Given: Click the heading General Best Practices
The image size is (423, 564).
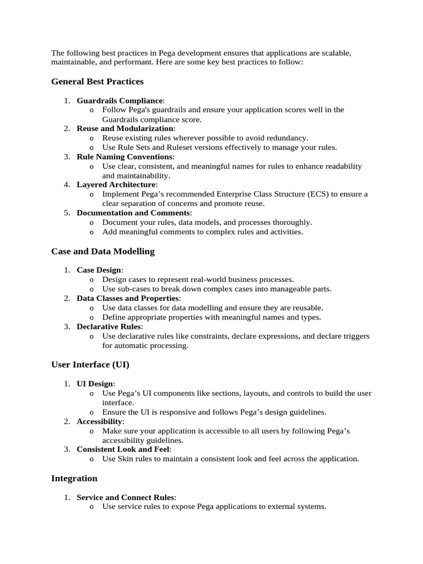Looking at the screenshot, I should pos(97,82).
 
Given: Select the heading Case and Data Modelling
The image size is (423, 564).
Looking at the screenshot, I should pos(102,251).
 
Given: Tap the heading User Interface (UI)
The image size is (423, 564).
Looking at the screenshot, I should pos(90,365).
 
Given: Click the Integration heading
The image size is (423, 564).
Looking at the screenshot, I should pos(74,478).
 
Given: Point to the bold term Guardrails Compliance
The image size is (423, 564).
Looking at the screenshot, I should pos(120,100).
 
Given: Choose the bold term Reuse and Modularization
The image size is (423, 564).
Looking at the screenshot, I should pos(124,128).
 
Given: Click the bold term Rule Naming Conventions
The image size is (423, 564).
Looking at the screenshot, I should pos(124,157).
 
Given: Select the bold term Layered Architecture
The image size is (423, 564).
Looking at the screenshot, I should pos(116,185).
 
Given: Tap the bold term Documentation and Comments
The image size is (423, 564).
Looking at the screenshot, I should pos(133,213).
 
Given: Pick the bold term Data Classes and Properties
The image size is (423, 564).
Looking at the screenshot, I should pos(127,298).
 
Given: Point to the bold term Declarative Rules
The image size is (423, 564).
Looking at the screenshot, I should pos(109,327).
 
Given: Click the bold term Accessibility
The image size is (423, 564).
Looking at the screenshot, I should pos(99,421).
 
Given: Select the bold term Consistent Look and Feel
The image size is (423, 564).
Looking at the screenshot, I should pos(123,449).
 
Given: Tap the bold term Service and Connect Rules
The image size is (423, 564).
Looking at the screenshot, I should pos(126,497).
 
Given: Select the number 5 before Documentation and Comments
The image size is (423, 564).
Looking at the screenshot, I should pos(66,213).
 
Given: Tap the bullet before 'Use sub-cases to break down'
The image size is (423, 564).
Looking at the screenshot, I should pos(91,289).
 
